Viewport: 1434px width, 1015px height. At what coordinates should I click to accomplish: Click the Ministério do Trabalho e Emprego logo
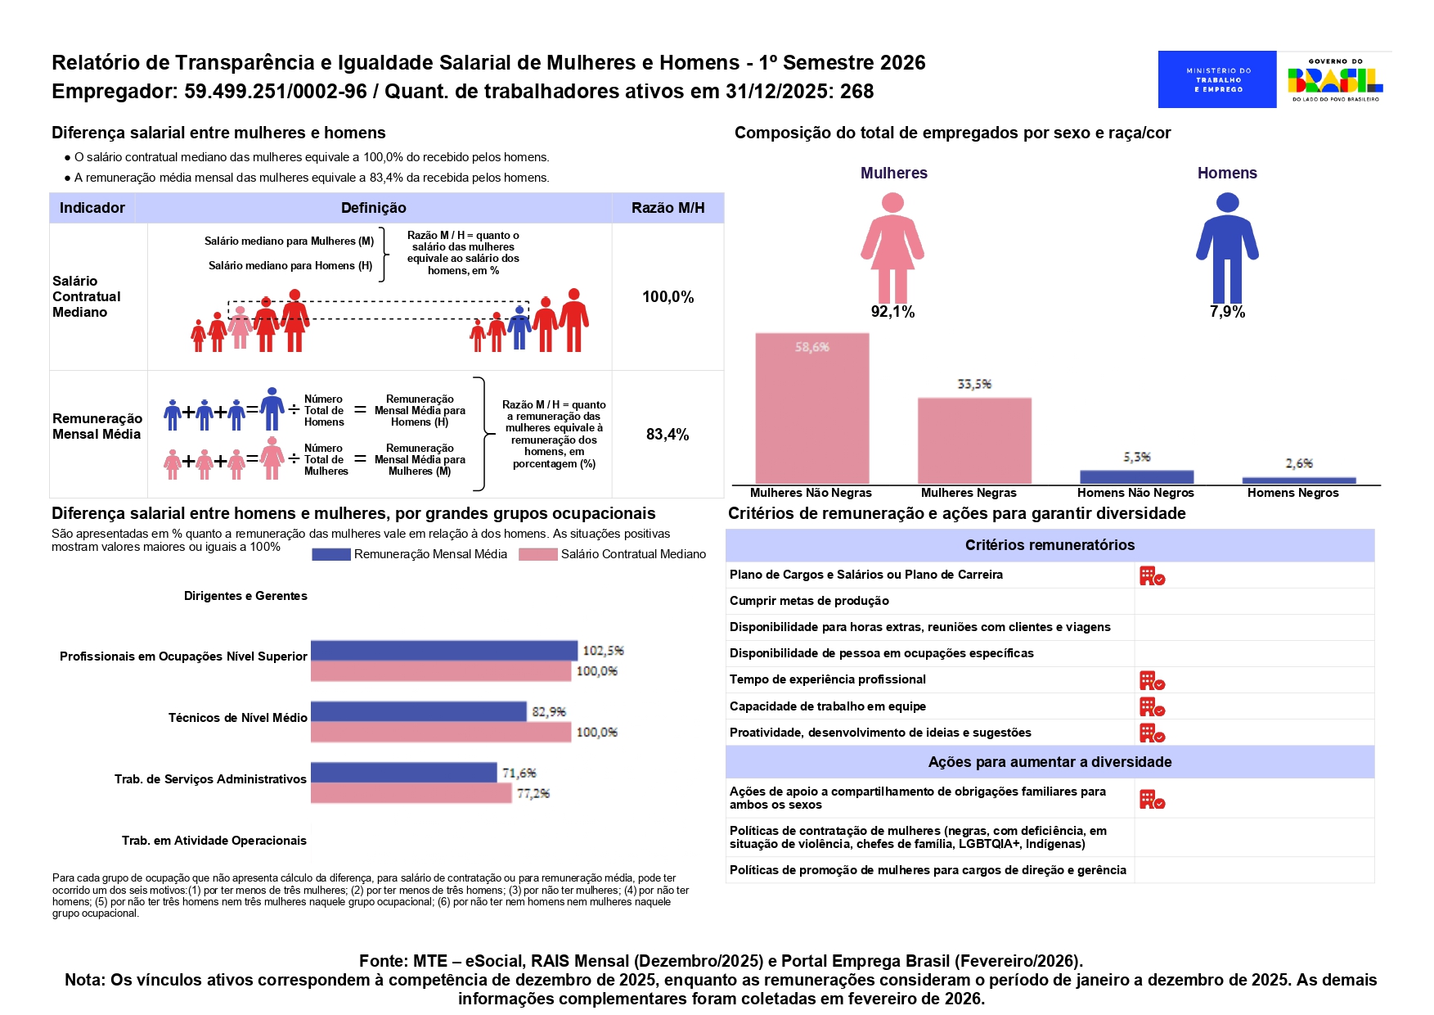[1216, 79]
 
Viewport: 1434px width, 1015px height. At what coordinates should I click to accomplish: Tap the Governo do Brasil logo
[1335, 79]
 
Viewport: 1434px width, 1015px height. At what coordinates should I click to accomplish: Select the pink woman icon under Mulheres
[892, 247]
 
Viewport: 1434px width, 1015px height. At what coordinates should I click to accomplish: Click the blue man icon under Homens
[1227, 247]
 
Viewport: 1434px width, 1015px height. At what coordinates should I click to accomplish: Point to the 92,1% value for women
[892, 312]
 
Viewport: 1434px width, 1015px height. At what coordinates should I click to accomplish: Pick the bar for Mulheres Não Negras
[812, 408]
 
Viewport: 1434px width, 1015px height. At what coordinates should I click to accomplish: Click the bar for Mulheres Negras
[974, 441]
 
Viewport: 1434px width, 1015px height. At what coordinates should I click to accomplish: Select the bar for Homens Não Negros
[1137, 477]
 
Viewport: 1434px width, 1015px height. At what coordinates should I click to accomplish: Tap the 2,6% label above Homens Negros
[1299, 463]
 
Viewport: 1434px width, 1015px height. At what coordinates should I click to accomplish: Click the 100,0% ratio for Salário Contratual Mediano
[668, 297]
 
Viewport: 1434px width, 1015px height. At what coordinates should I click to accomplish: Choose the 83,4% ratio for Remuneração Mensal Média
[668, 435]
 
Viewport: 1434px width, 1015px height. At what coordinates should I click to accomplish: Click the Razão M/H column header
[668, 208]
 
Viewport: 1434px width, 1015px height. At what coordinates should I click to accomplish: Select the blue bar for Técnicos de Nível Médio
[419, 711]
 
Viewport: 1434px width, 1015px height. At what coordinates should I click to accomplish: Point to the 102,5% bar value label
[603, 651]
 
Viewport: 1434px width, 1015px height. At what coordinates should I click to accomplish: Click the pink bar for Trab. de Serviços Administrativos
[411, 793]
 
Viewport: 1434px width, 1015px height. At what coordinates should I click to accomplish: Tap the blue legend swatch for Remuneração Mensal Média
[331, 554]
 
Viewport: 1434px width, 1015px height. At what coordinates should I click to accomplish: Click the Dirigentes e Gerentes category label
[245, 596]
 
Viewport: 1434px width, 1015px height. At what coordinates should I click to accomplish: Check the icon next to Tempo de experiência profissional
[1152, 680]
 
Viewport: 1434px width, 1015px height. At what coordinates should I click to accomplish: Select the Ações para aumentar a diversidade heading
[1050, 762]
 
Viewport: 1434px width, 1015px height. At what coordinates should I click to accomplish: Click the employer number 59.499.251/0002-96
[276, 92]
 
